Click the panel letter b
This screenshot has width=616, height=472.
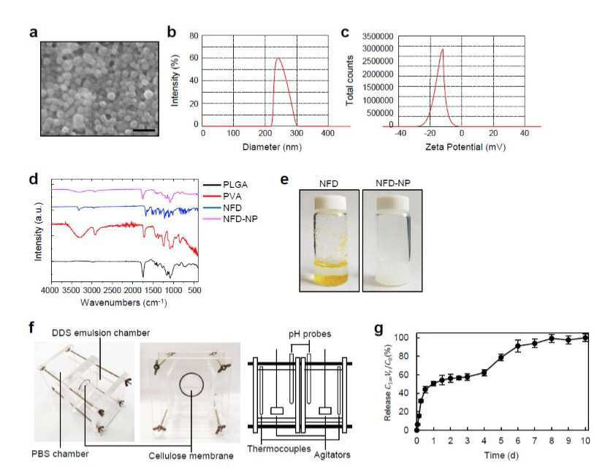point(171,32)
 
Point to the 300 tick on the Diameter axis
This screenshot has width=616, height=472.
point(297,133)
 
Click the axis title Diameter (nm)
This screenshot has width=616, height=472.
point(272,148)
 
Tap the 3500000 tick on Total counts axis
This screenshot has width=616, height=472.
point(378,37)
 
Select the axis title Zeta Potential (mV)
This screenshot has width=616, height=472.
point(465,148)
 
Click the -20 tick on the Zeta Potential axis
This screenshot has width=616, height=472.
point(430,133)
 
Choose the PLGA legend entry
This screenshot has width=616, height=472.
point(226,185)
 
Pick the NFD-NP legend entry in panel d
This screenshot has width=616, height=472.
point(231,219)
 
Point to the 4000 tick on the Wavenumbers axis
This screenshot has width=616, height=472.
point(50,290)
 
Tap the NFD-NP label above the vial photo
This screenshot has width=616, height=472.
point(393,183)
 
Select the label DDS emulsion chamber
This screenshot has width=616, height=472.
point(101,333)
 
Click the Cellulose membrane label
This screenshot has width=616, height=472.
point(191,456)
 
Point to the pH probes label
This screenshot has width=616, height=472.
point(310,334)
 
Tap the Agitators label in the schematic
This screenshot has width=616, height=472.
point(332,455)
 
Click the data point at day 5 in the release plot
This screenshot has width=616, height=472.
point(501,357)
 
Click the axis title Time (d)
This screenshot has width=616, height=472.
point(501,455)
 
